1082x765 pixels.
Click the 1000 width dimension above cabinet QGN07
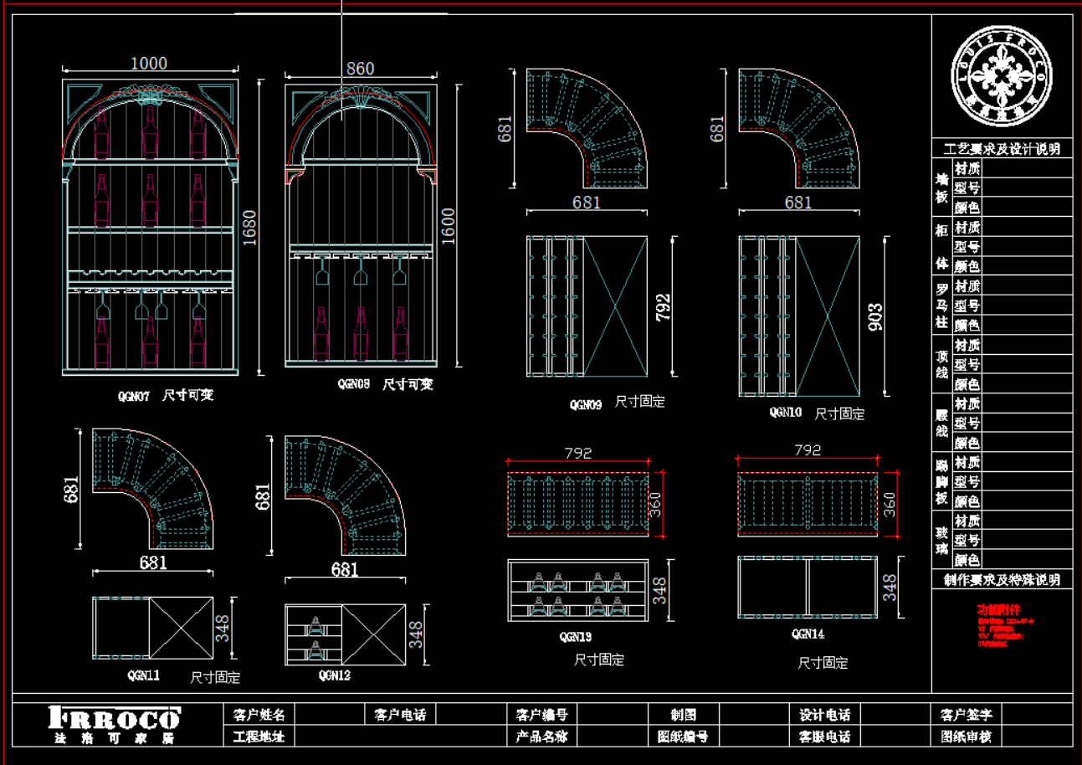(149, 64)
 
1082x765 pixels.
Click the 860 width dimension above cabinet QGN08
(360, 69)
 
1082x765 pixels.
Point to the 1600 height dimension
(448, 226)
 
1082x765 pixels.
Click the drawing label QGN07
(133, 396)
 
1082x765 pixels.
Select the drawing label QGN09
(586, 404)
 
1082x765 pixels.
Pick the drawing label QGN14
(808, 634)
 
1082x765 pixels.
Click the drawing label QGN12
(334, 675)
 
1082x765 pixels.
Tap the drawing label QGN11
(143, 675)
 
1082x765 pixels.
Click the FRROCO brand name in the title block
(115, 718)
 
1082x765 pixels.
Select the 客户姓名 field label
(259, 715)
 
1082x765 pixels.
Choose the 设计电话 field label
(825, 715)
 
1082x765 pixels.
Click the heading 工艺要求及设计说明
(1002, 149)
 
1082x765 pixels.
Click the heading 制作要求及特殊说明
(1002, 579)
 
